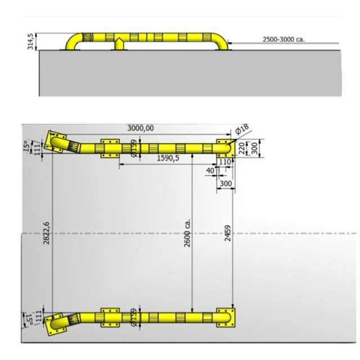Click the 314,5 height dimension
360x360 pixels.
[30, 41]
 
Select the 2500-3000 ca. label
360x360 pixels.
[283, 39]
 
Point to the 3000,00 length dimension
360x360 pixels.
[141, 128]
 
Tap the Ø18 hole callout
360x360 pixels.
[242, 130]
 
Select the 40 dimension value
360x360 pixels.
[210, 170]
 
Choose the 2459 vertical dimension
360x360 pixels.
[227, 233]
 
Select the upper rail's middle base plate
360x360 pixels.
[109, 148]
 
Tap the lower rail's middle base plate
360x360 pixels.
[109, 318]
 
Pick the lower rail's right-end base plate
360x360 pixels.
[226, 318]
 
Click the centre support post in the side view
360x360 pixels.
[119, 43]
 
